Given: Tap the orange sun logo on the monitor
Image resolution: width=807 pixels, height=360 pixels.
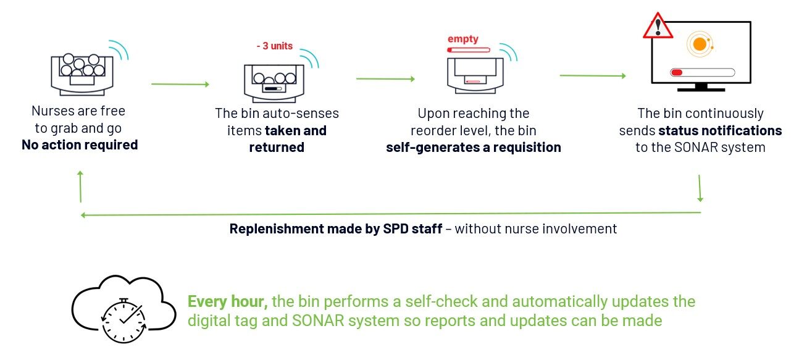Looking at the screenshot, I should pyautogui.click(x=700, y=44).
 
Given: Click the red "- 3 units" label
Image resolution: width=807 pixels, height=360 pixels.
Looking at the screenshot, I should pyautogui.click(x=275, y=46).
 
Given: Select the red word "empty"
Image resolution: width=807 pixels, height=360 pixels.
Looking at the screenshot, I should pyautogui.click(x=463, y=38).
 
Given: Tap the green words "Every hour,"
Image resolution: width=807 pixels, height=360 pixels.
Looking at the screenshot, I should pyautogui.click(x=227, y=302).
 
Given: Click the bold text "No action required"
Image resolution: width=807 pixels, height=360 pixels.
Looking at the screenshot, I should pyautogui.click(x=79, y=146).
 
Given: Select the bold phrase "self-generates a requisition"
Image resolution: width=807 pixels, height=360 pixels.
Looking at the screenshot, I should pyautogui.click(x=474, y=148).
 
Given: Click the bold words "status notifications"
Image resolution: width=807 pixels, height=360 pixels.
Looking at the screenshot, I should pyautogui.click(x=720, y=131).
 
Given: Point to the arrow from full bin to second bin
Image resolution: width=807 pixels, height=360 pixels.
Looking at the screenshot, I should pyautogui.click(x=180, y=84).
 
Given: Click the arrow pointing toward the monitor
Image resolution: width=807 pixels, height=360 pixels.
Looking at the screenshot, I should pyautogui.click(x=592, y=76).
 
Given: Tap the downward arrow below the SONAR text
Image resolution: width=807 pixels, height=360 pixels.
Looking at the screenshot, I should pyautogui.click(x=700, y=188).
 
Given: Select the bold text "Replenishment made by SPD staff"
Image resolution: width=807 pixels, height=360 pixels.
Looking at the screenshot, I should pyautogui.click(x=335, y=229).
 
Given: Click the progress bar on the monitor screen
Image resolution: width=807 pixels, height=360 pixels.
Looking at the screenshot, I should pyautogui.click(x=702, y=72).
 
